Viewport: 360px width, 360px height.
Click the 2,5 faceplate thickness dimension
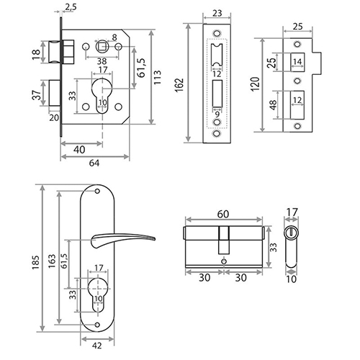click(71, 7)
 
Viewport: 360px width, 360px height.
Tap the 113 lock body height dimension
click(157, 77)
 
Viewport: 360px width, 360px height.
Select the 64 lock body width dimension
click(94, 163)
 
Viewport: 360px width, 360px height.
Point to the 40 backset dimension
click(79, 150)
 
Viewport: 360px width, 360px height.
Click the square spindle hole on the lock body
click(102, 46)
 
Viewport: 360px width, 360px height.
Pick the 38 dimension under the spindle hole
click(102, 61)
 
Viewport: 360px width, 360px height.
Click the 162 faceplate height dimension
click(179, 84)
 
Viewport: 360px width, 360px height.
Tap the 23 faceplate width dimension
click(217, 13)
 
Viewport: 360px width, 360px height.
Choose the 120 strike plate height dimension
click(256, 84)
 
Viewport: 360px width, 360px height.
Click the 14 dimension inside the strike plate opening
click(297, 62)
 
